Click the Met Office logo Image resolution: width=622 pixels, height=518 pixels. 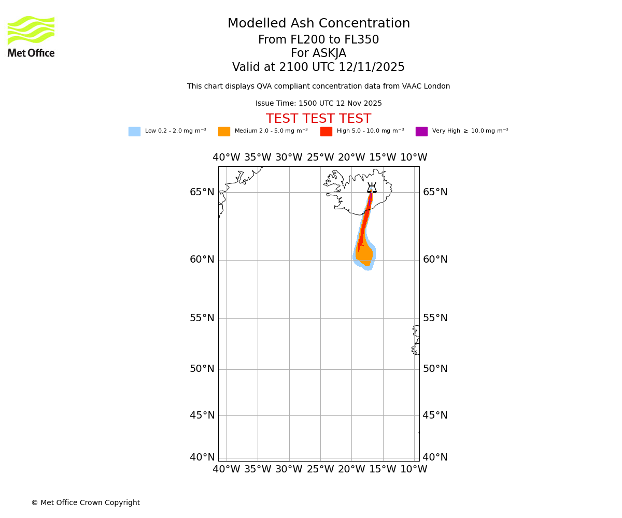(x=31, y=36)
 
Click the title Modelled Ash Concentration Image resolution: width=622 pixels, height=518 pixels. (x=319, y=24)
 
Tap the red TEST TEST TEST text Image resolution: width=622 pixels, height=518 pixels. (x=318, y=119)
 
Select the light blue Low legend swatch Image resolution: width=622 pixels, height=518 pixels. (x=134, y=132)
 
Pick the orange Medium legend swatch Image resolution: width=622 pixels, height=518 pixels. (x=224, y=132)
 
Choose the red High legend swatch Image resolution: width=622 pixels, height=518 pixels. (x=326, y=132)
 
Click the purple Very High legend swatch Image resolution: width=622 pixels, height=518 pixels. (x=421, y=132)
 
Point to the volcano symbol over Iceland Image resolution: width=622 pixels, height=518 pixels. (x=372, y=188)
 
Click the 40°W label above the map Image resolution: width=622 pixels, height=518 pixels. (x=227, y=157)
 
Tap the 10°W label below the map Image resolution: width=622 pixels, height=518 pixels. (x=414, y=469)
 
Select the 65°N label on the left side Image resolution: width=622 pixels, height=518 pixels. (x=202, y=192)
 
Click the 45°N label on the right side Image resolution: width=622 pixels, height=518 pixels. (x=435, y=415)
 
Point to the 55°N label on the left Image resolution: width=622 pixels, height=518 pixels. (x=202, y=318)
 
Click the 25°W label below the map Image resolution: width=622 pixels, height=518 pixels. (x=320, y=469)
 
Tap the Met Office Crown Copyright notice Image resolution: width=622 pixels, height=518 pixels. (x=86, y=503)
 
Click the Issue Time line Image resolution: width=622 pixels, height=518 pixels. (x=318, y=104)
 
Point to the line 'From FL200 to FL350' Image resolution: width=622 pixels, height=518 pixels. (x=318, y=40)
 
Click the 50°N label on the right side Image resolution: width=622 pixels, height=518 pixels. (x=435, y=369)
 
